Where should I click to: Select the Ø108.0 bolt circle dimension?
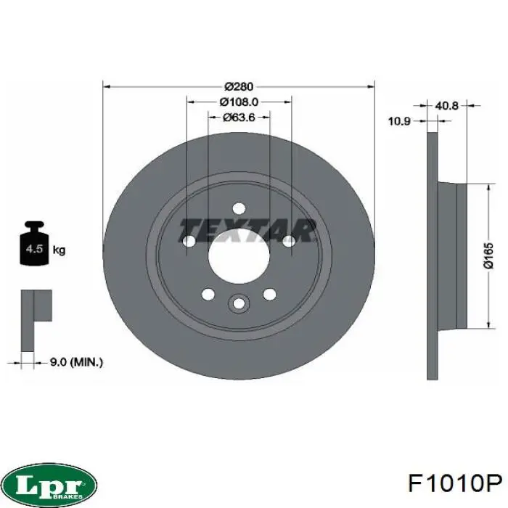(x=239, y=102)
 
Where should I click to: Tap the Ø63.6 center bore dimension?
(x=239, y=117)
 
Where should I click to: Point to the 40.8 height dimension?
(x=446, y=105)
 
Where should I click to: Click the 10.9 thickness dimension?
(x=399, y=121)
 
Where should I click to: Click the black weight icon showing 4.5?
(x=33, y=245)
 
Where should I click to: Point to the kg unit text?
(x=60, y=250)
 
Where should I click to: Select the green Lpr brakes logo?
(x=50, y=483)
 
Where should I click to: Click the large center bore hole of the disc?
(x=239, y=258)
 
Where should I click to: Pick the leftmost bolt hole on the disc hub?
(x=189, y=242)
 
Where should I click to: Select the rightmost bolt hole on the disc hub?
(x=288, y=241)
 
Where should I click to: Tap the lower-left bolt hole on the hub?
(x=208, y=294)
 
